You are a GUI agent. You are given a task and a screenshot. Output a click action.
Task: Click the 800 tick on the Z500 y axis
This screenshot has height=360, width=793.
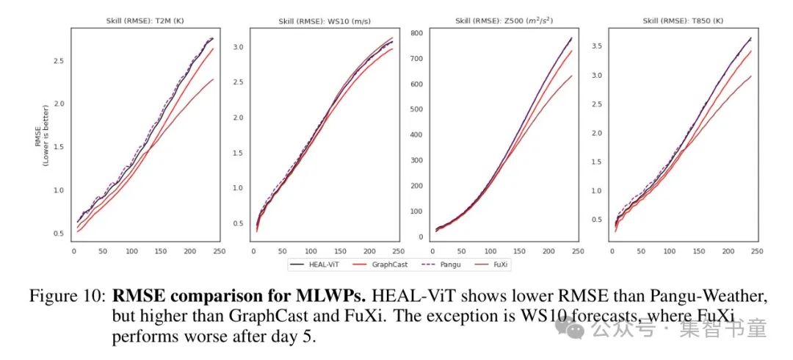point(417,33)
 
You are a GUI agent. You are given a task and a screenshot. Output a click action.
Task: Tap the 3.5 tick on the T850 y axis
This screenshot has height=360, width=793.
point(598,46)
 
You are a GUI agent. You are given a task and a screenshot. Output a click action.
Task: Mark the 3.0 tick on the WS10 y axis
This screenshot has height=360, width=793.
point(237,47)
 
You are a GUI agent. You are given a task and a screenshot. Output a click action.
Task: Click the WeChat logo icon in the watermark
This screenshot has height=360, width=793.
point(576,329)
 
